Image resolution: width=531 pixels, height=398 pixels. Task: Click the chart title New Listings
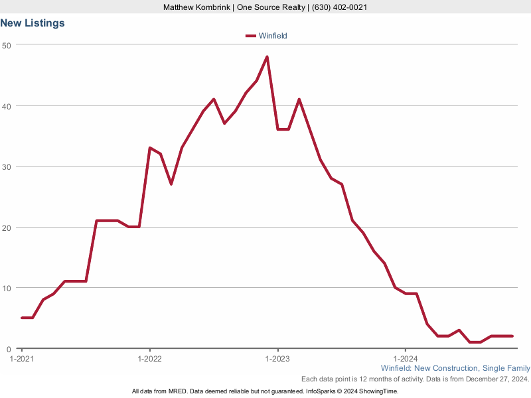(x=33, y=23)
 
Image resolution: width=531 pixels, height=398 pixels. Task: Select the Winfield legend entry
(x=272, y=36)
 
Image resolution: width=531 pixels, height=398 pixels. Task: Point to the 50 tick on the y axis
(x=7, y=44)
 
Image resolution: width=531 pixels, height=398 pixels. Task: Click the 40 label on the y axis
(x=7, y=105)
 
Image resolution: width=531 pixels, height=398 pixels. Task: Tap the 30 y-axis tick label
(x=7, y=166)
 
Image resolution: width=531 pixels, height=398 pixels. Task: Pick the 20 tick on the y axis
(x=7, y=227)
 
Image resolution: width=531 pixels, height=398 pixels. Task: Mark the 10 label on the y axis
(x=7, y=288)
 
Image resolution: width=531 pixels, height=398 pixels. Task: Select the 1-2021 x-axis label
(x=21, y=358)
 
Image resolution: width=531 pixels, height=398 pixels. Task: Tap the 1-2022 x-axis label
(x=149, y=358)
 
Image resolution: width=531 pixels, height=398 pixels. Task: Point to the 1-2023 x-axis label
(x=277, y=358)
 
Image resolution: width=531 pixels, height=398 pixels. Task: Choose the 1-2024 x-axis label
(x=406, y=358)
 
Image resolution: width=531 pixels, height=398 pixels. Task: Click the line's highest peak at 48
(x=267, y=57)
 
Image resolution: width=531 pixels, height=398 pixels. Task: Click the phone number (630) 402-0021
(x=339, y=7)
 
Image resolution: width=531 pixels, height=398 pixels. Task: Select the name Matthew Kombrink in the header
(x=196, y=7)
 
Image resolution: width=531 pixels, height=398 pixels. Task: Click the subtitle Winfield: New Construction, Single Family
(x=455, y=368)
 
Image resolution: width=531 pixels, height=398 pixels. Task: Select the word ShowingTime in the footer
(x=378, y=391)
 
